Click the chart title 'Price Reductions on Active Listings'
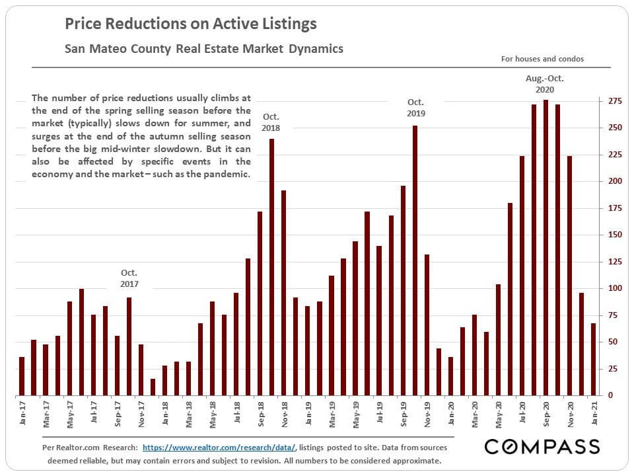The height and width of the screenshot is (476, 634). (x=190, y=24)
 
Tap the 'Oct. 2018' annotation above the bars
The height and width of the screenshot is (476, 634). (x=271, y=122)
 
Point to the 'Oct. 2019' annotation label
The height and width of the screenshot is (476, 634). (x=415, y=108)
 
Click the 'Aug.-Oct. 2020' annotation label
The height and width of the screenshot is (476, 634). (x=545, y=84)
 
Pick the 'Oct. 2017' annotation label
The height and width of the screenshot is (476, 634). (x=129, y=278)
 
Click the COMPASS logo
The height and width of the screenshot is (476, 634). (x=542, y=447)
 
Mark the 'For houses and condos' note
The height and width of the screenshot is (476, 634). (x=542, y=59)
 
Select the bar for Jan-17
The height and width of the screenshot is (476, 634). (x=22, y=376)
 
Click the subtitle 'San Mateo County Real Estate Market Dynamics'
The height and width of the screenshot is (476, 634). (x=204, y=49)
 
